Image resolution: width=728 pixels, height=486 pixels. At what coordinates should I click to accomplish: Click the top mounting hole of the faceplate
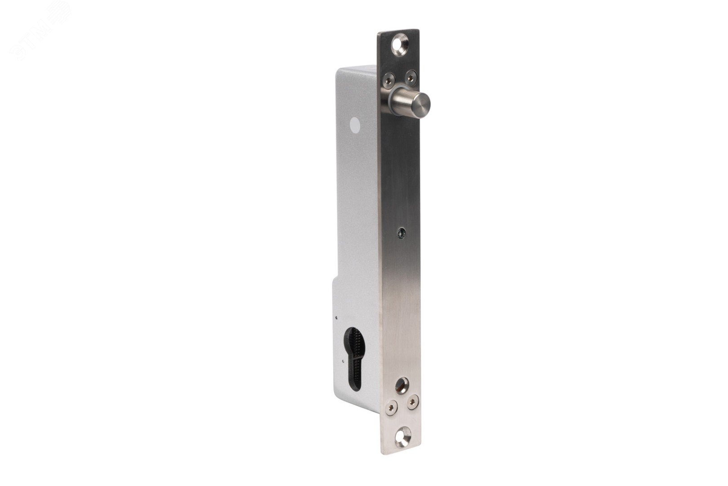coord(399,45)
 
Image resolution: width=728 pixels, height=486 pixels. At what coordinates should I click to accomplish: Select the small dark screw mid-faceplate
coord(400,233)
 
